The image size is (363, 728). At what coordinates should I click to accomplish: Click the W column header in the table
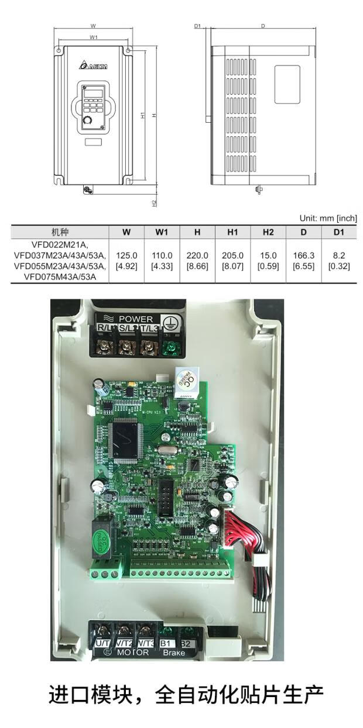point(126,232)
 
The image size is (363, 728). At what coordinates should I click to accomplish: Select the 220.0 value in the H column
point(197,256)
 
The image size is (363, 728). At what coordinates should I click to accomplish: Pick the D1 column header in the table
point(338,232)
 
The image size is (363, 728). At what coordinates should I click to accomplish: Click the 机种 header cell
point(60,232)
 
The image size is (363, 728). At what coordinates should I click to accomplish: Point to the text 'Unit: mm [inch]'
point(328,218)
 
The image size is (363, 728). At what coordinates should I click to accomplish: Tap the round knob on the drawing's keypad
point(88,120)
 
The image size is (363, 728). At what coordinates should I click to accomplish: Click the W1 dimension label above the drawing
point(94,37)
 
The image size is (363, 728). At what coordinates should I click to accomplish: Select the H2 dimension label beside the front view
point(154,203)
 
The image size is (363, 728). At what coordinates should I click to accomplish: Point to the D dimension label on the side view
point(263,26)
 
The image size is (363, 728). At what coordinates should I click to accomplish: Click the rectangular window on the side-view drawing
point(287,84)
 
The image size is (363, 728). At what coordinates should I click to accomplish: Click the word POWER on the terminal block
point(135,319)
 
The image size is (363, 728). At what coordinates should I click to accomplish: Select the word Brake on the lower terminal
point(174,653)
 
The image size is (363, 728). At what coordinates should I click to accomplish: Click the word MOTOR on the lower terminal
point(132,653)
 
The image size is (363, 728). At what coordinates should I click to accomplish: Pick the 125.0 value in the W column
point(126,256)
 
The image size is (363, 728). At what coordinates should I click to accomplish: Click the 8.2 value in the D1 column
point(338,256)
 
